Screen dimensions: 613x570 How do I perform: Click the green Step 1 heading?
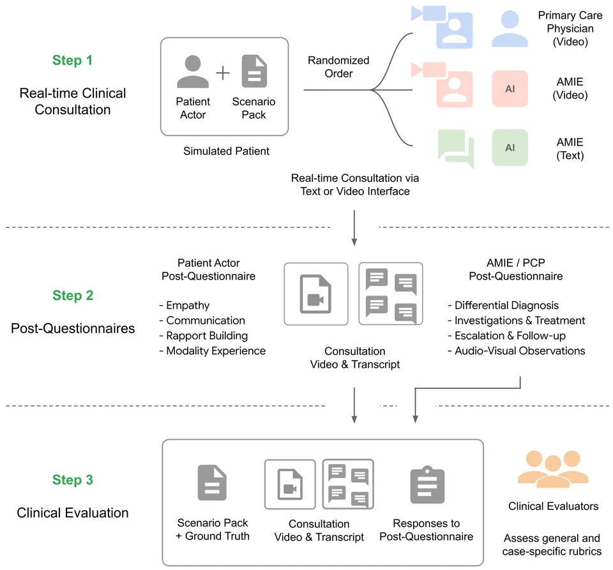(72, 60)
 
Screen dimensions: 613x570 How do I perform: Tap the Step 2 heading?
(73, 296)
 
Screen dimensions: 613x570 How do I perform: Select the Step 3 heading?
(73, 480)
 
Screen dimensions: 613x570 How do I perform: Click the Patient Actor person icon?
(193, 71)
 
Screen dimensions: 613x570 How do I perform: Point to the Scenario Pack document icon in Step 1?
(254, 71)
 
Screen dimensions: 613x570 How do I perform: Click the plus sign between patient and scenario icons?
(223, 73)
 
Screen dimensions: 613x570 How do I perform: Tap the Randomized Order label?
(338, 67)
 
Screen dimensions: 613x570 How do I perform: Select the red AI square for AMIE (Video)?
(510, 89)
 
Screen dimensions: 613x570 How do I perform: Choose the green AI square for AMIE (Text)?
(510, 147)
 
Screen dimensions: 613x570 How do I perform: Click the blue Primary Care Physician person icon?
(510, 29)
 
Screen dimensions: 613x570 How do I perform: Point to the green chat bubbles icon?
(456, 149)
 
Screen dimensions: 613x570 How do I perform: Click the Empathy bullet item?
(185, 305)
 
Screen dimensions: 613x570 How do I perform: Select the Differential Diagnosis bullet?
(503, 305)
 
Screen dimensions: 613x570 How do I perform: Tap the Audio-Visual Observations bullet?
(517, 351)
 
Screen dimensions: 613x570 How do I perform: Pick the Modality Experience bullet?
(212, 351)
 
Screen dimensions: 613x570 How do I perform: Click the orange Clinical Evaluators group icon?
(553, 469)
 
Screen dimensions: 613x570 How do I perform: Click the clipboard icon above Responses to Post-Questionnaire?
(427, 484)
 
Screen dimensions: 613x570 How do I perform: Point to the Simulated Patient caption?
(226, 151)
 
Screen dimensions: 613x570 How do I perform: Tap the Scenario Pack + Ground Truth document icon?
(212, 483)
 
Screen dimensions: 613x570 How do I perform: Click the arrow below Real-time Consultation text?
(354, 228)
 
